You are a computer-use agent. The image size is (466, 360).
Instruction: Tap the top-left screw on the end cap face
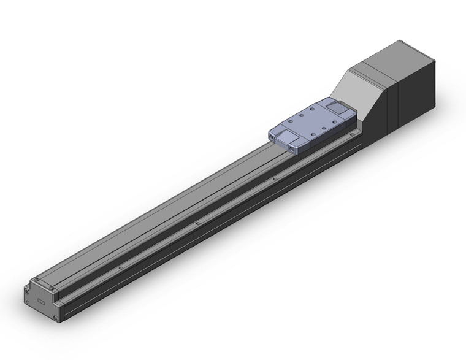coord(28,288)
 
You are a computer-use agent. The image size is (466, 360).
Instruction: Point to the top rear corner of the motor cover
coord(435,59)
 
